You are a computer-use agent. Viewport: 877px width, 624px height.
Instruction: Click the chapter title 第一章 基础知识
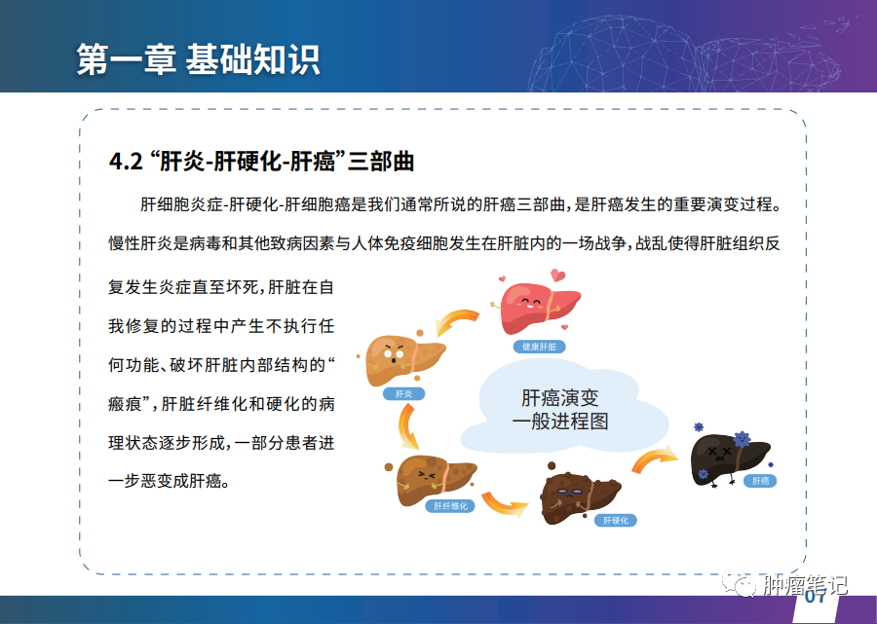(x=198, y=59)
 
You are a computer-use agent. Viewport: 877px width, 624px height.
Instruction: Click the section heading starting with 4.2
(x=261, y=162)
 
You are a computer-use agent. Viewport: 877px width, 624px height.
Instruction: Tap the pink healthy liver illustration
(x=538, y=306)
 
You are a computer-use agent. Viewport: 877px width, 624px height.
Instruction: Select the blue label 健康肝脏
(x=539, y=347)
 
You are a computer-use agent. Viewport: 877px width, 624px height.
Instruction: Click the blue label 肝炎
(x=403, y=394)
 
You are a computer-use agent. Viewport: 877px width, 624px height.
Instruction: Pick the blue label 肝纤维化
(x=450, y=506)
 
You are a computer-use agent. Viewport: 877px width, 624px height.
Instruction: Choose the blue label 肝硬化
(x=615, y=521)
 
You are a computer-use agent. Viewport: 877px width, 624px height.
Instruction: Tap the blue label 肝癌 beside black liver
(x=760, y=481)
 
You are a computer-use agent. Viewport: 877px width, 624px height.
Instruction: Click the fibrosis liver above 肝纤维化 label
(x=434, y=480)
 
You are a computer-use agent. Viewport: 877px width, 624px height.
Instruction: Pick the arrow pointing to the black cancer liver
(x=655, y=459)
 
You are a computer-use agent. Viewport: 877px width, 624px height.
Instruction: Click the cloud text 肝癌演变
(x=560, y=398)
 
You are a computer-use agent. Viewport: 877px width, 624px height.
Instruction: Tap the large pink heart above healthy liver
(x=557, y=275)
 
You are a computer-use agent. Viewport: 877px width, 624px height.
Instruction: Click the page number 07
(x=816, y=597)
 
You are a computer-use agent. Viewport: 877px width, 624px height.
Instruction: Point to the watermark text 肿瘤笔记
(x=805, y=585)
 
